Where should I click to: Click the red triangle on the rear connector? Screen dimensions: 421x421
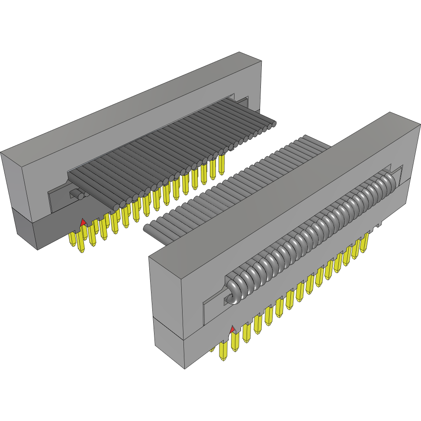pos(83,222)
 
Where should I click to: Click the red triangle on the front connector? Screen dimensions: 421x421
pos(233,330)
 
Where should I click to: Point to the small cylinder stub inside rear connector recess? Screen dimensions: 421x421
pos(78,195)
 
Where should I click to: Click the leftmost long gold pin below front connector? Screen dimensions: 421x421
pos(224,351)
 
